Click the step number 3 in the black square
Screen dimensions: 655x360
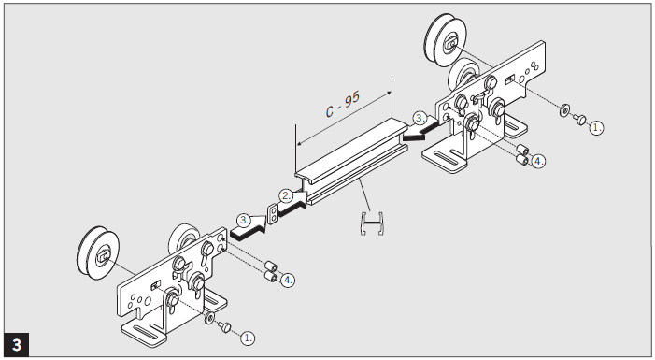(x=17, y=345)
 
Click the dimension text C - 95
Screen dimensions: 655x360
(x=343, y=104)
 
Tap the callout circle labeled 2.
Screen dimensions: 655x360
(x=287, y=195)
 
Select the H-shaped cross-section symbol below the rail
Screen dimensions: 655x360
(x=372, y=223)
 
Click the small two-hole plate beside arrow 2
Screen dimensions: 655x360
(x=272, y=214)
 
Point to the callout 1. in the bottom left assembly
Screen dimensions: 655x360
(x=248, y=338)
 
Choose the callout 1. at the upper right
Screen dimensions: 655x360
(x=596, y=127)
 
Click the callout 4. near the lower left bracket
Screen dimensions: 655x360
(x=288, y=280)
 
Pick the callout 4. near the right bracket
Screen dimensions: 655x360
(x=538, y=161)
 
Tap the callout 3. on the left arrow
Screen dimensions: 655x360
(x=244, y=220)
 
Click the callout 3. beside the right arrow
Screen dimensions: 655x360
(x=420, y=119)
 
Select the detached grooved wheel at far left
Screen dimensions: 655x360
(x=98, y=253)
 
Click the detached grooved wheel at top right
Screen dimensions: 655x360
(x=446, y=39)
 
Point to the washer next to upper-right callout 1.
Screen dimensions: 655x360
(x=564, y=110)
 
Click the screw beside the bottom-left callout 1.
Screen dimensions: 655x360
(x=225, y=326)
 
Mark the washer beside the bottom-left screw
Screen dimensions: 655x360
(x=209, y=318)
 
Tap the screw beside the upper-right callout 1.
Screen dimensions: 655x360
(x=579, y=119)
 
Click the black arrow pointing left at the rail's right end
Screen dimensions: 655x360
(x=420, y=132)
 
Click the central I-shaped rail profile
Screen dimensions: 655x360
(x=351, y=163)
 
